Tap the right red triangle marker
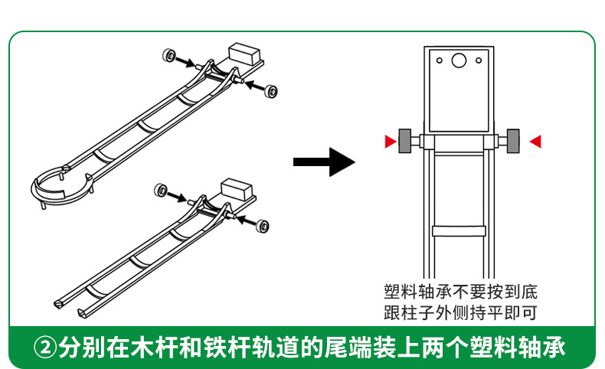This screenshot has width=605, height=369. [535, 141]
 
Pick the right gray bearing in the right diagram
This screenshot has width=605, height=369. [513, 141]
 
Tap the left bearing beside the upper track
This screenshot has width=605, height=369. [168, 56]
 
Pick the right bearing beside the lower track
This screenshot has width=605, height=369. [263, 226]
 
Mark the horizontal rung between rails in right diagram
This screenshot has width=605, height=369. [458, 230]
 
